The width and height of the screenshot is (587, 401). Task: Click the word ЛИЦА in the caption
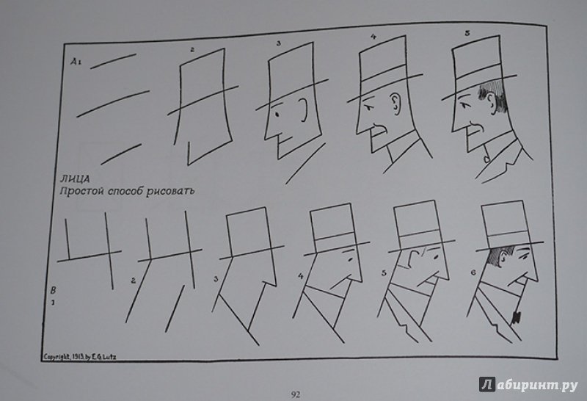[77, 179]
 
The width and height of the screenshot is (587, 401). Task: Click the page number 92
[296, 394]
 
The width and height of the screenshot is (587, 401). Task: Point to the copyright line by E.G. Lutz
[80, 357]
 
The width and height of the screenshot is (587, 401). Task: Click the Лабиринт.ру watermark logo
[528, 385]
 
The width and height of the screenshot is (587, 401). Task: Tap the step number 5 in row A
[467, 33]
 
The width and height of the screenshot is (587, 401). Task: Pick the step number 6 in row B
[473, 272]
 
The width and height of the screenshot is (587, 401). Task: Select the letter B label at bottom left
[53, 290]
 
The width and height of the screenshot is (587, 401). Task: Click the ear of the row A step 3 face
[305, 111]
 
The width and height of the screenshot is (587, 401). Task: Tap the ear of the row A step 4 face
[395, 104]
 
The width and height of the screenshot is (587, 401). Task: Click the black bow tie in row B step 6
[517, 317]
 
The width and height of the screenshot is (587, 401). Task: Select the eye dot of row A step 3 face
[277, 114]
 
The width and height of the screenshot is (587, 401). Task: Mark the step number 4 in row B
[301, 277]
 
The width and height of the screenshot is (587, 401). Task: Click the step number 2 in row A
[192, 49]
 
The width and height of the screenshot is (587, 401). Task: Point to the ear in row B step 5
[412, 258]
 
